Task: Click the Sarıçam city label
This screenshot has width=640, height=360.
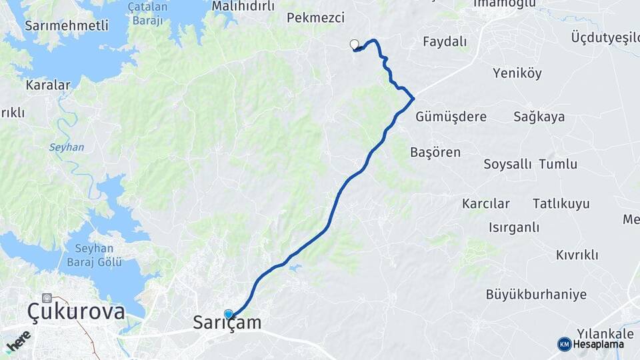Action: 227,323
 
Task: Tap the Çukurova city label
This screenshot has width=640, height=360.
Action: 76,311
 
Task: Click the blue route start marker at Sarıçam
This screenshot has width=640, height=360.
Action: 229,315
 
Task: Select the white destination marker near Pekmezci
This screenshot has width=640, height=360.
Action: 355,45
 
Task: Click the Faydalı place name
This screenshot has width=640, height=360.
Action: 445,42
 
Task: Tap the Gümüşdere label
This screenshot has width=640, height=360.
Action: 451,117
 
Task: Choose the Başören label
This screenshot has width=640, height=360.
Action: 435,153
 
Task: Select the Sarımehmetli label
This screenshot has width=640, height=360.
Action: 57,26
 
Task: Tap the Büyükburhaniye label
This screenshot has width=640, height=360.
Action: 536,295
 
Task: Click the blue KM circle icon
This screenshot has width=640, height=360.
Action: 564,344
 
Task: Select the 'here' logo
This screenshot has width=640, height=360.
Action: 18,341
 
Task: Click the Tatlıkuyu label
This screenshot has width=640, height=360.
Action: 561,204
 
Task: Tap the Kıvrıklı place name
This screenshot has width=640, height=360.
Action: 577,255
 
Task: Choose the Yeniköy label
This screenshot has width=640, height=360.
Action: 517,73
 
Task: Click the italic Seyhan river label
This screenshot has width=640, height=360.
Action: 66,147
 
